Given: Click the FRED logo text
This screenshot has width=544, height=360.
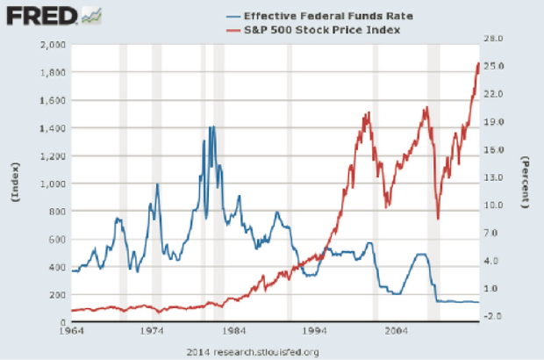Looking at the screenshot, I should (39, 16).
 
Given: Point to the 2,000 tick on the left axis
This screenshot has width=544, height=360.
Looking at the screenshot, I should (53, 44).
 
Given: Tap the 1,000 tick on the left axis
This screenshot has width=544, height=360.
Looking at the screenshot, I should (53, 184).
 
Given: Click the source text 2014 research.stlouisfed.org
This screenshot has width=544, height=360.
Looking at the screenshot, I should (254, 351).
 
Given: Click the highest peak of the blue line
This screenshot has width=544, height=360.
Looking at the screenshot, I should (211, 126).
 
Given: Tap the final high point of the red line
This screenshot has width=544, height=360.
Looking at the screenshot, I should (478, 62).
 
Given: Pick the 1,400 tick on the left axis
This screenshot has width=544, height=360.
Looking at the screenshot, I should (53, 128).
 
